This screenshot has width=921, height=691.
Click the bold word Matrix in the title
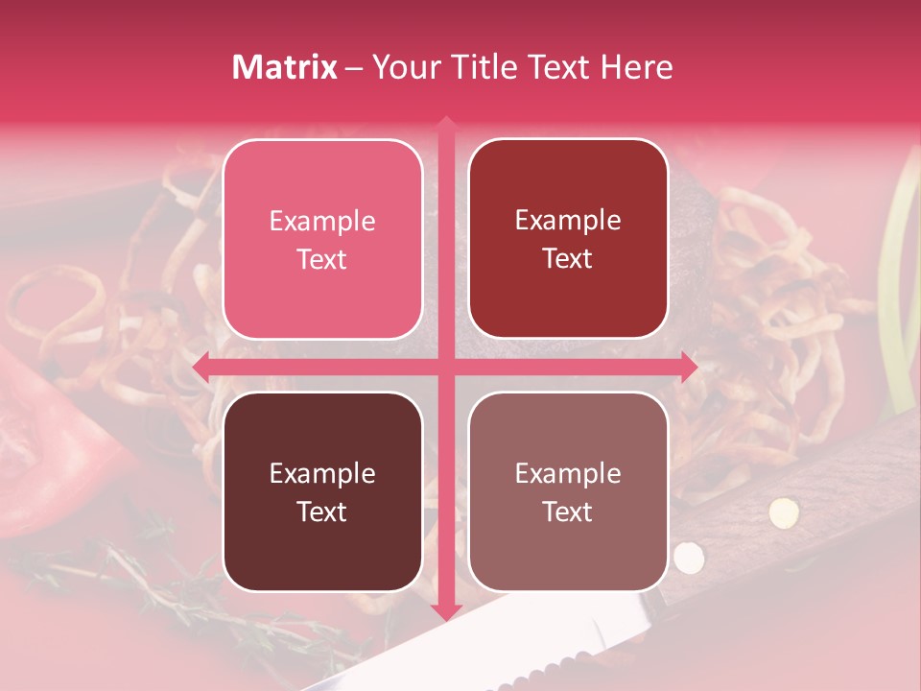tap(285, 67)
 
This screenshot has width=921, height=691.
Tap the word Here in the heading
tap(636, 67)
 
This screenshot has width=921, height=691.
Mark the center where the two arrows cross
tap(446, 367)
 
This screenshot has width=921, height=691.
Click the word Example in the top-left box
tap(322, 222)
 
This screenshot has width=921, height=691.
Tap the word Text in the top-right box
tap(568, 259)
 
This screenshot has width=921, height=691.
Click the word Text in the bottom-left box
tap(322, 512)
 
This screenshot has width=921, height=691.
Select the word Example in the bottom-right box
tap(568, 473)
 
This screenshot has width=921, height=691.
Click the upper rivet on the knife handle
tap(784, 512)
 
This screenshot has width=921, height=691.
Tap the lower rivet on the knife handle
tap(687, 556)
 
